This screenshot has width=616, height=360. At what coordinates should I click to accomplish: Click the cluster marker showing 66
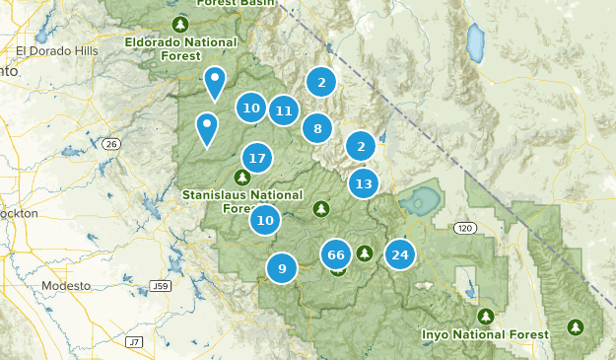point(336,254)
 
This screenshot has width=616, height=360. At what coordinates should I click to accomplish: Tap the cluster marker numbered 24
point(399,254)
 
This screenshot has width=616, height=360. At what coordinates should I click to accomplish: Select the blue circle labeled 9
point(282,267)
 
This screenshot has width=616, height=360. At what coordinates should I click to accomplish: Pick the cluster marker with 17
point(257,157)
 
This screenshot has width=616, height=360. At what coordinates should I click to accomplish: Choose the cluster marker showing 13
point(363,182)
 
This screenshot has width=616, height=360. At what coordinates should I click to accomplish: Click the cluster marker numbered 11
point(284,110)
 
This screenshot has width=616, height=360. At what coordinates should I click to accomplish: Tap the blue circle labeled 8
point(316,127)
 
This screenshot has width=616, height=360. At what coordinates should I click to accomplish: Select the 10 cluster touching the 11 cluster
point(250,108)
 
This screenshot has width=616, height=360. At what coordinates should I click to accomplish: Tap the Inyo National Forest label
point(484,334)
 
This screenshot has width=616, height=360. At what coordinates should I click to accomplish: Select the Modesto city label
point(65,285)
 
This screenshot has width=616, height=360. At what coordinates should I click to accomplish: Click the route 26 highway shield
point(111,144)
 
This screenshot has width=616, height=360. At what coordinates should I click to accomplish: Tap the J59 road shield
point(161,286)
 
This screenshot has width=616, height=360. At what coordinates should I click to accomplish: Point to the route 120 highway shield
point(464,228)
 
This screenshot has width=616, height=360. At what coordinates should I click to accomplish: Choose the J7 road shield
point(134,340)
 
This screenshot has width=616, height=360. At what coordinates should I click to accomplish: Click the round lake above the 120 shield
point(420,202)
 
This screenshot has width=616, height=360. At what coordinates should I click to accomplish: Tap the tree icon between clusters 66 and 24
point(365,253)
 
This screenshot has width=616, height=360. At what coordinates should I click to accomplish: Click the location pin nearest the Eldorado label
point(214,81)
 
